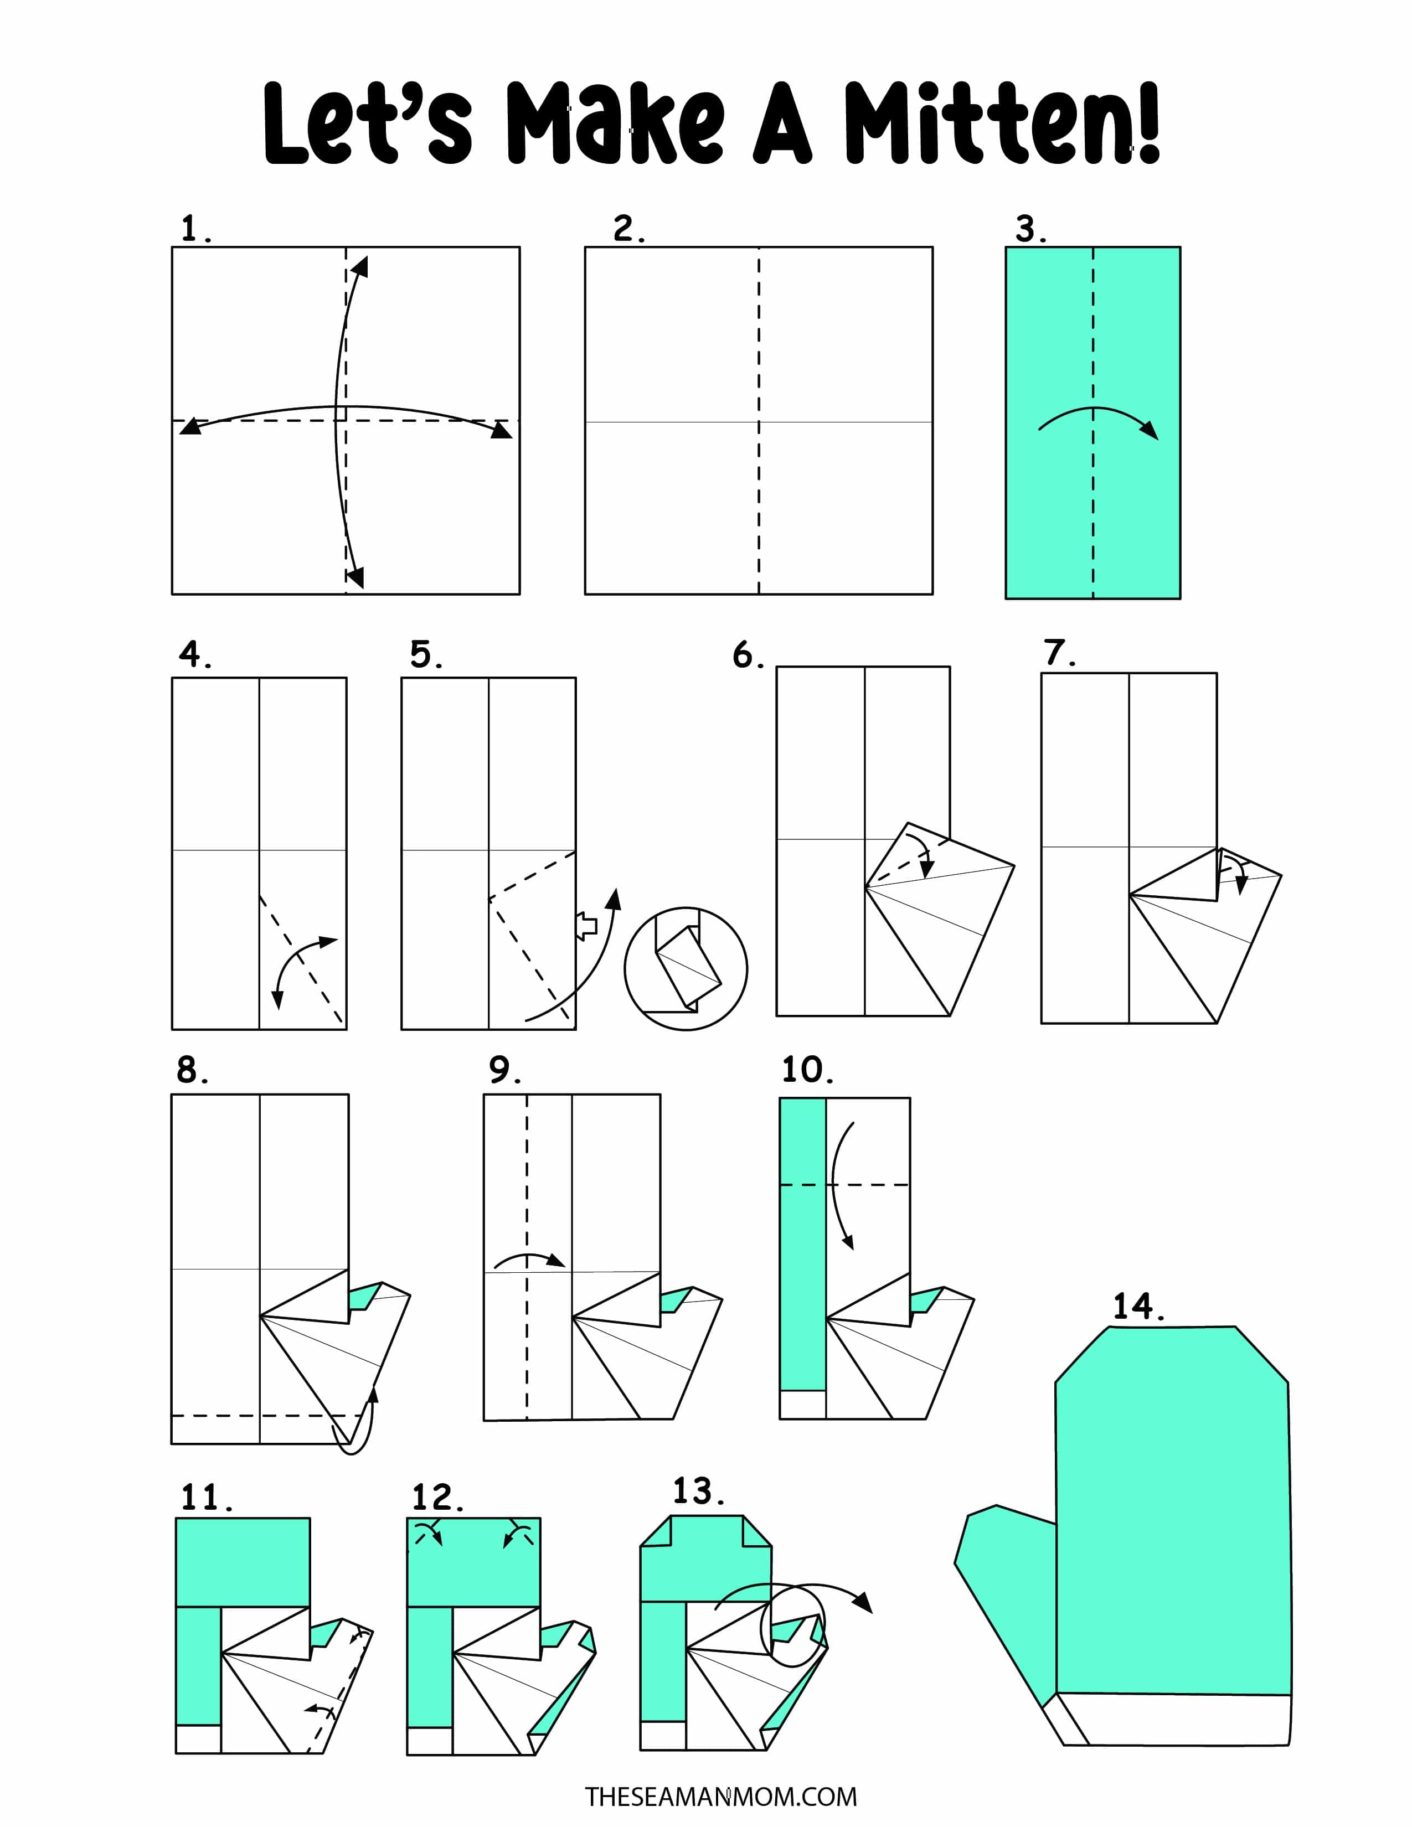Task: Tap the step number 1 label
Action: (x=195, y=228)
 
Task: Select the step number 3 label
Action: (x=1030, y=228)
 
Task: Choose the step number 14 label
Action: (x=1138, y=1306)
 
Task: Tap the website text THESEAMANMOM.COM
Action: (x=720, y=1796)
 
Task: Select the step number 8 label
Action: (x=192, y=1069)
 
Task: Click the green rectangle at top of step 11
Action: (x=243, y=1563)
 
